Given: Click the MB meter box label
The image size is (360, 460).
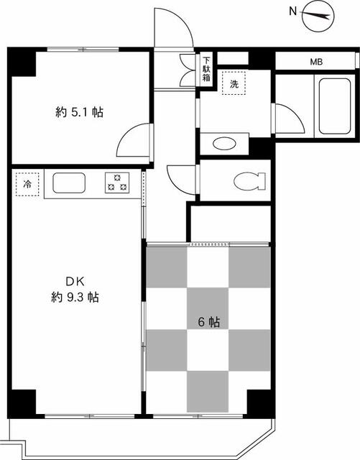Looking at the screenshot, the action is click(x=316, y=62).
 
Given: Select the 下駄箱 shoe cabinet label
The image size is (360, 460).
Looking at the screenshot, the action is click(x=206, y=70).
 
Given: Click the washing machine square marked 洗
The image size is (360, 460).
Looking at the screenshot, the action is click(x=234, y=83).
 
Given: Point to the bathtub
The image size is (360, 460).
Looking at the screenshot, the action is click(x=335, y=106).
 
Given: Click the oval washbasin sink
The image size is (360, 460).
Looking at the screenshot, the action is click(x=224, y=144).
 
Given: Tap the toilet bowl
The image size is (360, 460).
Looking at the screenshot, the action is click(x=249, y=181).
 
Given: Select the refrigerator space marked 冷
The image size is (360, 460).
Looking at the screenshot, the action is click(x=27, y=184).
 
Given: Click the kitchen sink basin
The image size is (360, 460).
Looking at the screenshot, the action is click(x=69, y=183).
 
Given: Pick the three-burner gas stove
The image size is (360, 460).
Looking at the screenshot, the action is click(x=117, y=183).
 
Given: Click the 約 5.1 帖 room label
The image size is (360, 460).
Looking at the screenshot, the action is click(x=79, y=112).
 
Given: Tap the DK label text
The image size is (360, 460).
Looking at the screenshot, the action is click(x=75, y=282).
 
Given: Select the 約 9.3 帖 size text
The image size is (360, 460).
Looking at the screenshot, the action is click(x=75, y=298).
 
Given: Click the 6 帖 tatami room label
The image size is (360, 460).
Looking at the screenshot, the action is click(x=209, y=323).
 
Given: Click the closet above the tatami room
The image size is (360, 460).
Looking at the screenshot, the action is click(x=231, y=224).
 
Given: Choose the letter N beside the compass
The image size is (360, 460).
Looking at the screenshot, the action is click(x=292, y=11).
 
